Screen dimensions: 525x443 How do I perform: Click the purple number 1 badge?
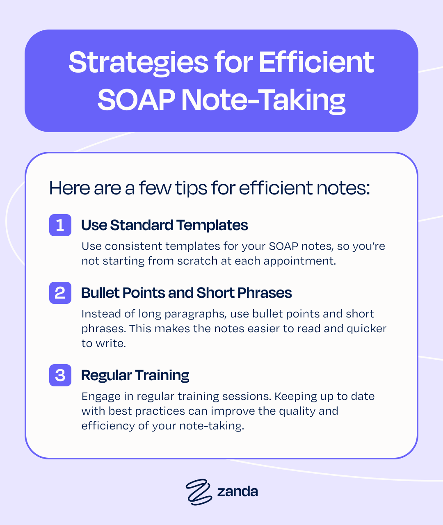60,225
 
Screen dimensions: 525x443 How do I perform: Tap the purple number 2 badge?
60,293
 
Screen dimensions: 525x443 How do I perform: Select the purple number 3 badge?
60,375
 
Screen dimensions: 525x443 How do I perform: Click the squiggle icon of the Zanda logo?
199,491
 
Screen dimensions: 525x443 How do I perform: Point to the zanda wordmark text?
237,491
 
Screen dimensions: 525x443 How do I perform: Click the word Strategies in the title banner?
138,63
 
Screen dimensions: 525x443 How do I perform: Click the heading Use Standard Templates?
164,225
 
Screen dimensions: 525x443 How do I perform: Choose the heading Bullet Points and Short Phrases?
186,293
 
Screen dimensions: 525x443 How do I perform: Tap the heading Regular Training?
135,375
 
